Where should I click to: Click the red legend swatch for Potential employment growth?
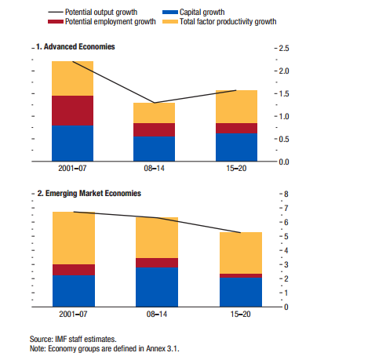pyautogui.click(x=56, y=22)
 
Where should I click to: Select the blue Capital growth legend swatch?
pyautogui.click(x=170, y=13)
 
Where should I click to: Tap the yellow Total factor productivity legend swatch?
pyautogui.click(x=170, y=22)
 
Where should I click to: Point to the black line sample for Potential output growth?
pyautogui.click(x=56, y=13)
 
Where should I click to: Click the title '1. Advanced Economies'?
pyautogui.click(x=75, y=47)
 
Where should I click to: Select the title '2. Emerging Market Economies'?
pyautogui.click(x=89, y=194)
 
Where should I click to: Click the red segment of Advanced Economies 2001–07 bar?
pyautogui.click(x=72, y=111)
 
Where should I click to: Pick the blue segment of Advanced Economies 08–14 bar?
pyautogui.click(x=154, y=149)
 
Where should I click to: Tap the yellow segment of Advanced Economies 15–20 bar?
pyautogui.click(x=236, y=107)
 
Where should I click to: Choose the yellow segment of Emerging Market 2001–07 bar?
pyautogui.click(x=74, y=238)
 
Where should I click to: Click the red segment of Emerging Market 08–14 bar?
pyautogui.click(x=157, y=263)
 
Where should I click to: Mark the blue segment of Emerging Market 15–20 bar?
pyautogui.click(x=241, y=292)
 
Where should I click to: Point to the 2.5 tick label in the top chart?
pyautogui.click(x=284, y=49)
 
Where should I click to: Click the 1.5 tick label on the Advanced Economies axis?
pyautogui.click(x=284, y=94)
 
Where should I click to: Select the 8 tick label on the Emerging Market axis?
pyautogui.click(x=286, y=195)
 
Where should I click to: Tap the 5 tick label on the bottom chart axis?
pyautogui.click(x=286, y=237)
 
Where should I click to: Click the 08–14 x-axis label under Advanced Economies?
pyautogui.click(x=154, y=169)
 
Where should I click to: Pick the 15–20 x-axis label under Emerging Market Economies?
pyautogui.click(x=241, y=314)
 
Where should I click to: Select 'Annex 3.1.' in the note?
pyautogui.click(x=162, y=349)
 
